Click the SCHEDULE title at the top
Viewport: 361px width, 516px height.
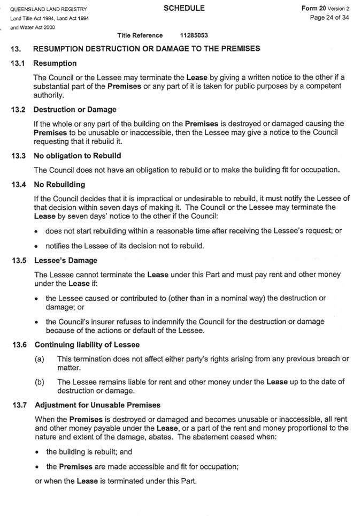click(183, 8)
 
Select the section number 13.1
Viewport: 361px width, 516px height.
click(18, 63)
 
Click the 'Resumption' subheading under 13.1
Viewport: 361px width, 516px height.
click(55, 63)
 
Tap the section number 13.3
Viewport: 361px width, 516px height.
click(18, 156)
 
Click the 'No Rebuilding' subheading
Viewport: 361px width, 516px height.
click(59, 184)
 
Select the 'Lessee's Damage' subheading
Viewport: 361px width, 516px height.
click(65, 261)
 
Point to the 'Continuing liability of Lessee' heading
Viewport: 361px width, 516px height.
click(86, 345)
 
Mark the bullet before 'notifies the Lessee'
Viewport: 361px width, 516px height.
click(35, 246)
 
